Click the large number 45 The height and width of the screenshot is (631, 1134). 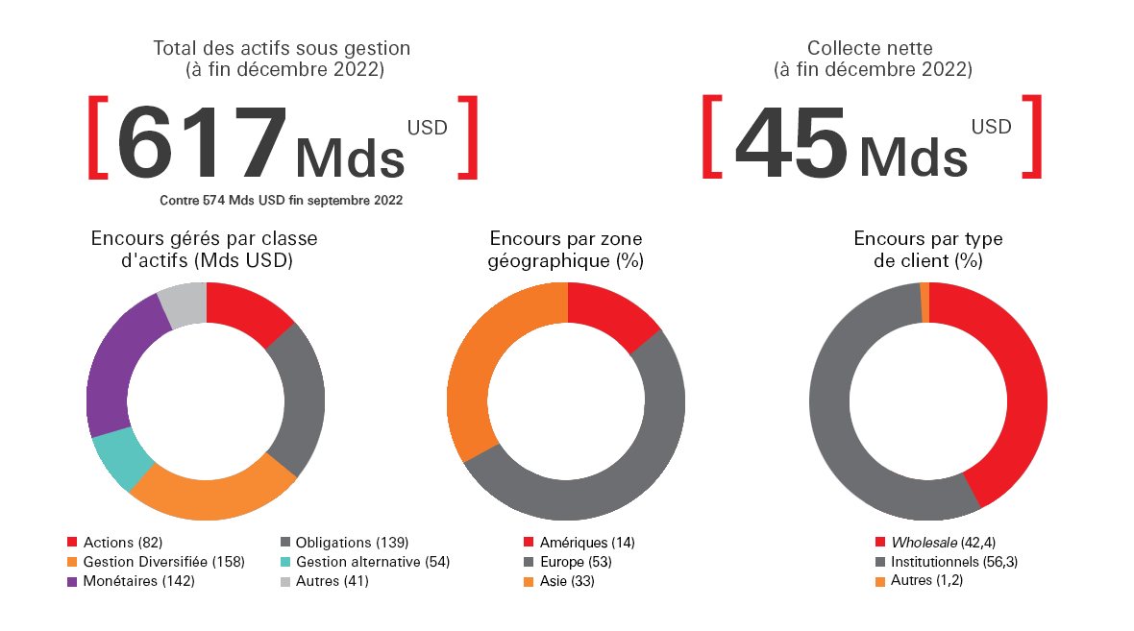click(x=790, y=142)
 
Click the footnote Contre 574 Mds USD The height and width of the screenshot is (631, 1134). click(x=281, y=201)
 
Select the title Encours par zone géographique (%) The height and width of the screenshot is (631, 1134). click(x=567, y=249)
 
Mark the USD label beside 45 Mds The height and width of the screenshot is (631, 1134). click(x=991, y=126)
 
